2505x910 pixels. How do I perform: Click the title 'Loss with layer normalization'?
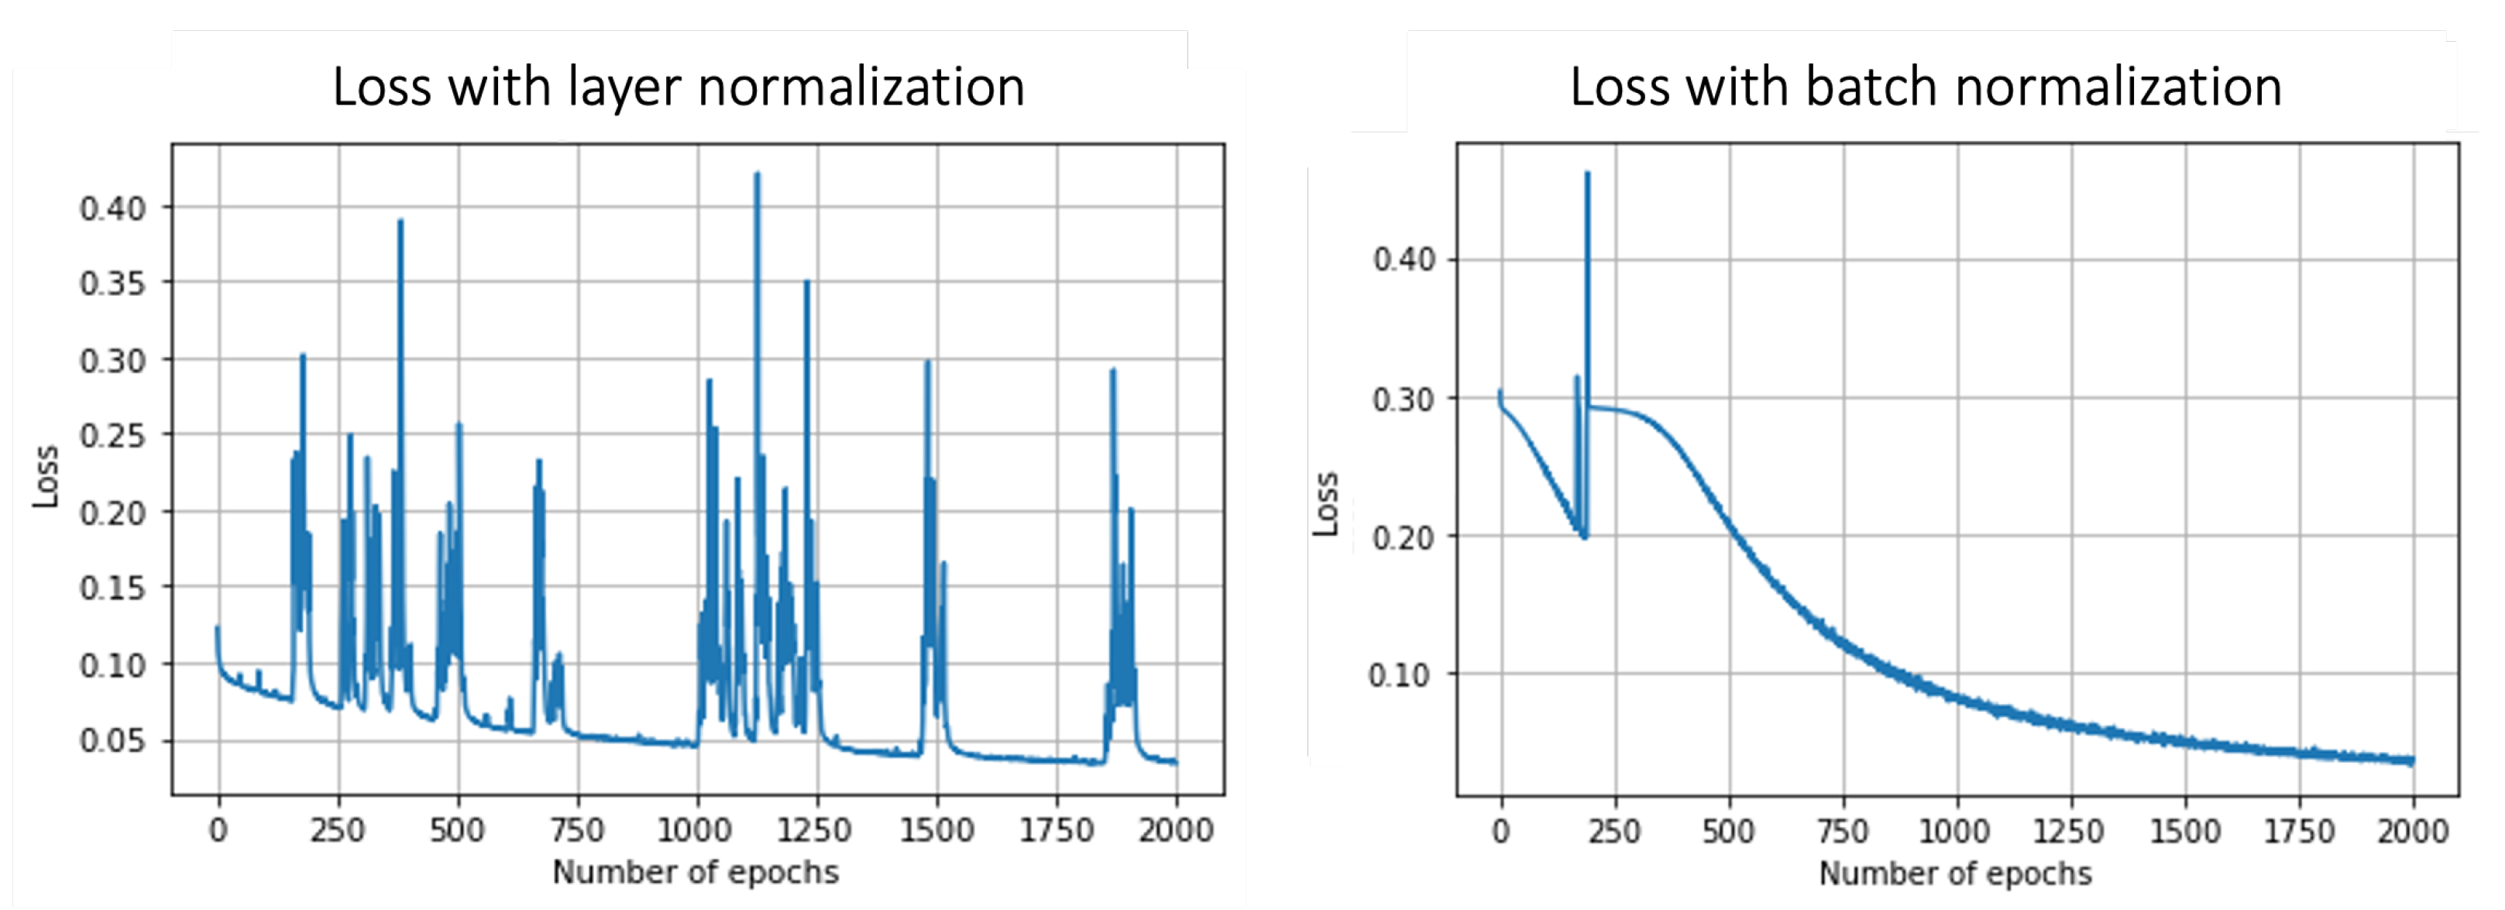point(679,88)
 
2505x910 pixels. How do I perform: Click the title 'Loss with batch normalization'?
point(1926,88)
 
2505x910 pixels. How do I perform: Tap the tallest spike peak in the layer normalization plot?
point(757,175)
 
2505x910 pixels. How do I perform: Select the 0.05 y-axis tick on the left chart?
point(112,741)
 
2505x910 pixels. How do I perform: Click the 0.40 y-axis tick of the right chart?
point(1404,259)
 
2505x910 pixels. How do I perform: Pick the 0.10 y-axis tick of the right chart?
point(1398,675)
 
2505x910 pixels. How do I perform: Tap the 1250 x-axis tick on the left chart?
point(815,830)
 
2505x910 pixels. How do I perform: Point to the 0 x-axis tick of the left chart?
point(218,830)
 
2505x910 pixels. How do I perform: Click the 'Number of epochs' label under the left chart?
point(696,872)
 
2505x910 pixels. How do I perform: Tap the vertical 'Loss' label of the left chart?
point(45,476)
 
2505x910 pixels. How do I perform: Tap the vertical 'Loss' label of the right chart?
point(1325,503)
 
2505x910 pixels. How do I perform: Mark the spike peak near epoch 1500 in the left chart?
point(926,362)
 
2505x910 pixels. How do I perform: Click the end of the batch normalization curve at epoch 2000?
point(2411,761)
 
